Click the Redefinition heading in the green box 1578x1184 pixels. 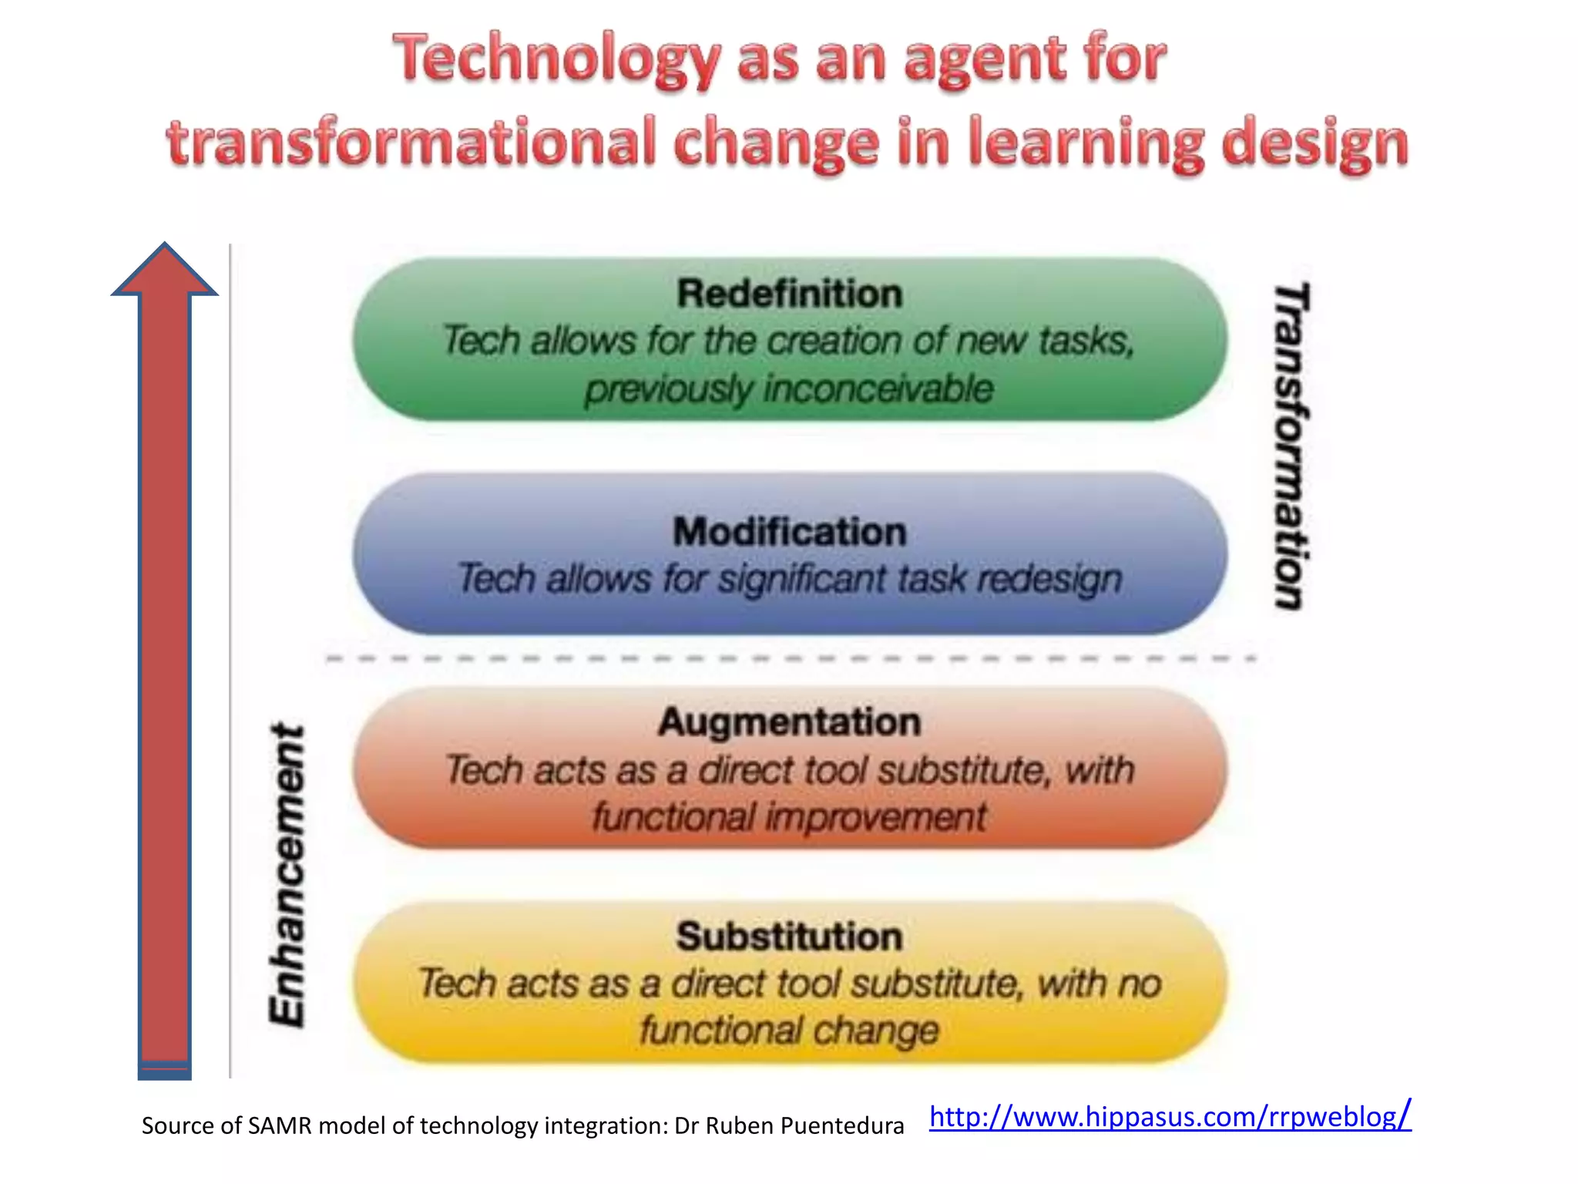coord(789,294)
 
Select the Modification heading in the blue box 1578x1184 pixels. coord(789,532)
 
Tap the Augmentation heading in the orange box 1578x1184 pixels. coord(789,722)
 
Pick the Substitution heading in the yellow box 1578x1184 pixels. coord(789,937)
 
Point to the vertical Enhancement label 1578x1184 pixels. coord(288,875)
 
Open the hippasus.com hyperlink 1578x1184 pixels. coord(1170,1116)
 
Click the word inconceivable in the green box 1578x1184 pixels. coord(878,388)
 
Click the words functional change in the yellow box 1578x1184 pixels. coord(789,1031)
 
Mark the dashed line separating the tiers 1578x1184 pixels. coord(789,659)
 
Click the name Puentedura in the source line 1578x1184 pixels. coord(843,1125)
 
